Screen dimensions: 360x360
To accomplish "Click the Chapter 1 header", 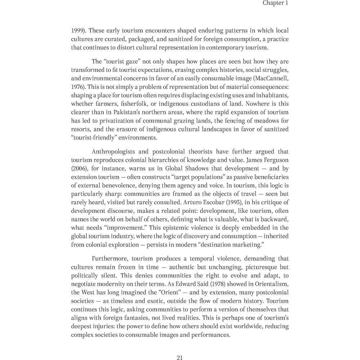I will (x=275, y=3).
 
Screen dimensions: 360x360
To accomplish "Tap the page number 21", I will (x=180, y=357).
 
